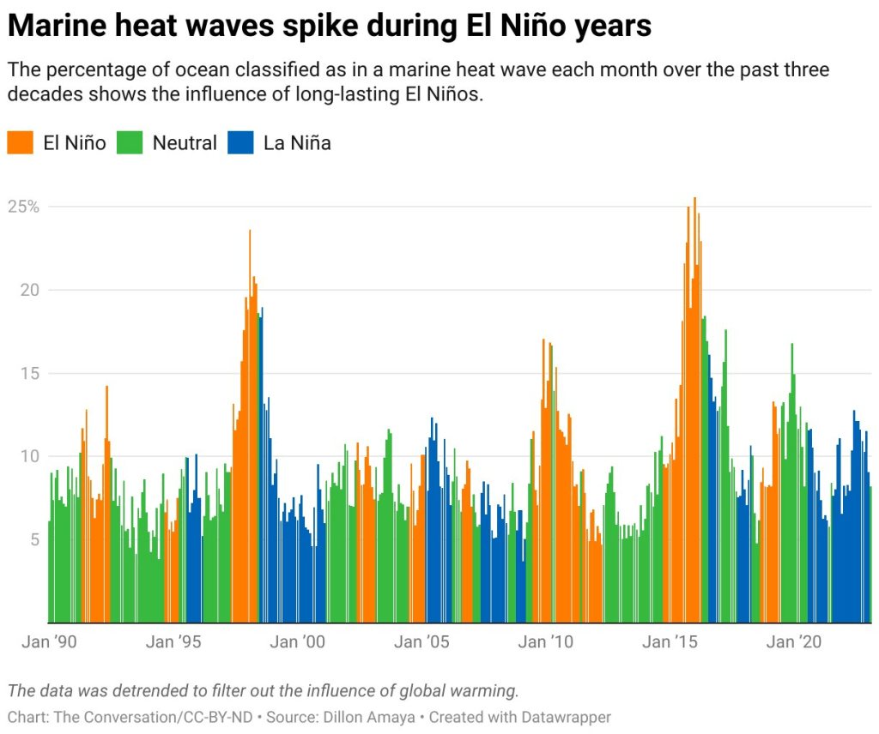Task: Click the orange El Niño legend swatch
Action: tap(20, 142)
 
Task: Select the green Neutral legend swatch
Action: tap(129, 142)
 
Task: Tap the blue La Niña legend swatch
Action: tap(240, 142)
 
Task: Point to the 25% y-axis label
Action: tap(23, 208)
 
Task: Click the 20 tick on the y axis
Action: tap(31, 290)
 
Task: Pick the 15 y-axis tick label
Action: tap(31, 373)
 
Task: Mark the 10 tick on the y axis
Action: tap(31, 456)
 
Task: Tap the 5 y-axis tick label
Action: tap(35, 539)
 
